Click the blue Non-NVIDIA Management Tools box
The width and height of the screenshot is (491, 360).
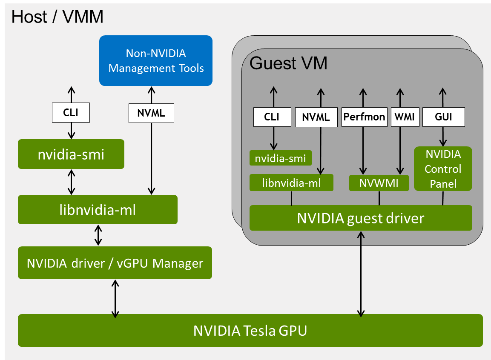point(156,60)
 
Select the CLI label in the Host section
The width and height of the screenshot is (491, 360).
point(71,113)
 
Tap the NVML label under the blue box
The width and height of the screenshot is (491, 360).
point(151,114)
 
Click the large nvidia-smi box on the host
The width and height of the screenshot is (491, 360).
point(71,154)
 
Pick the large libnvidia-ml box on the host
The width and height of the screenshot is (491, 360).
point(98,209)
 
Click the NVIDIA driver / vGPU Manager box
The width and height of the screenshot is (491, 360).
point(115,263)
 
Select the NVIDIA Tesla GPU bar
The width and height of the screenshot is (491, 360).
point(250,330)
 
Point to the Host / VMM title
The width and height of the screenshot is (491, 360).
point(57,17)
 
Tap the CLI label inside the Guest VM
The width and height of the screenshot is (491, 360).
point(272,117)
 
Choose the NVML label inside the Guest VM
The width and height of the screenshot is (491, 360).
point(316,117)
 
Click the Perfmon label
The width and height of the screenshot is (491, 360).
point(364,117)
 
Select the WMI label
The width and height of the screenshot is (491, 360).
point(405,117)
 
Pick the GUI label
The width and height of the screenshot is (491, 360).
point(443,117)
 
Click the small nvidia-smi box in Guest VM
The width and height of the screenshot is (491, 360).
point(280,158)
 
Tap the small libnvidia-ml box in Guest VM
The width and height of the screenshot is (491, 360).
point(291,183)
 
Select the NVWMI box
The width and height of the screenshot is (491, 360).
point(379,183)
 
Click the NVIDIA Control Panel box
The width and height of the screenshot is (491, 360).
point(443,169)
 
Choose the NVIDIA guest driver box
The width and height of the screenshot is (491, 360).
point(361,218)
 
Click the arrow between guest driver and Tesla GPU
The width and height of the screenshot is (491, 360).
point(361,274)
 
